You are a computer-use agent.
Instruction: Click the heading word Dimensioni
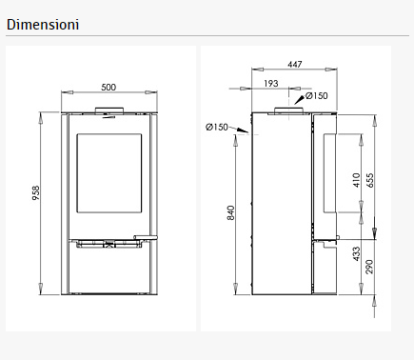click(x=43, y=21)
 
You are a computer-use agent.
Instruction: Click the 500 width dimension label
click(x=108, y=88)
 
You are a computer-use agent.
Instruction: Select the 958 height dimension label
click(x=36, y=193)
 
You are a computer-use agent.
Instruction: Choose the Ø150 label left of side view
click(x=217, y=127)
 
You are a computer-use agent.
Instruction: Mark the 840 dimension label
click(x=230, y=212)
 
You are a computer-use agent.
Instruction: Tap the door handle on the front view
click(x=146, y=236)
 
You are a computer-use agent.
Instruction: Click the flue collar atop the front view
click(x=109, y=111)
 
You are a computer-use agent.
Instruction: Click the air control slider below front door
click(x=108, y=246)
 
